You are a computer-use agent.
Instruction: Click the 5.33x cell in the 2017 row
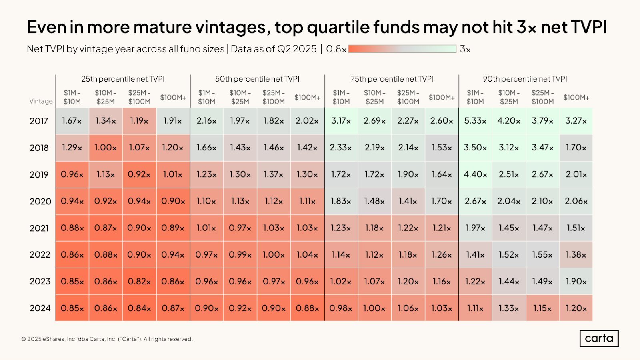475,121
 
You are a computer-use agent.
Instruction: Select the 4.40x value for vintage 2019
475,174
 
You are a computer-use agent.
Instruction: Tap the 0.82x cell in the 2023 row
139,281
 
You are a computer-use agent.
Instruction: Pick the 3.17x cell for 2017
341,121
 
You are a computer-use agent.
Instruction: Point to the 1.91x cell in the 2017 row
173,121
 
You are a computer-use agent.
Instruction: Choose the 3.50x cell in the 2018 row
475,148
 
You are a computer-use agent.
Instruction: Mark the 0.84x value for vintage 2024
139,308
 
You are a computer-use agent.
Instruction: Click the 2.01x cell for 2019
576,174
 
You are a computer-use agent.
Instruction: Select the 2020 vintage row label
40,201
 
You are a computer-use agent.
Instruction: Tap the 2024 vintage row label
40,308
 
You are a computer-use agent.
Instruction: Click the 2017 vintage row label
39,121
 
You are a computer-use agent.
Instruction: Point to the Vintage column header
41,101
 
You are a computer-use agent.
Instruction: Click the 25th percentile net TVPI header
123,79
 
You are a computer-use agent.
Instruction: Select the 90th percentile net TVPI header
525,79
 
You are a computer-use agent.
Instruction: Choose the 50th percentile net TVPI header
257,79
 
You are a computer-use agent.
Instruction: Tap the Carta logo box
599,338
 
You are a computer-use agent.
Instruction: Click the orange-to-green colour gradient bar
402,49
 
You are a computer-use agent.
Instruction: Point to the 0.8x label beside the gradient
336,49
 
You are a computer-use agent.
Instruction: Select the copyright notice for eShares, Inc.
107,339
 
